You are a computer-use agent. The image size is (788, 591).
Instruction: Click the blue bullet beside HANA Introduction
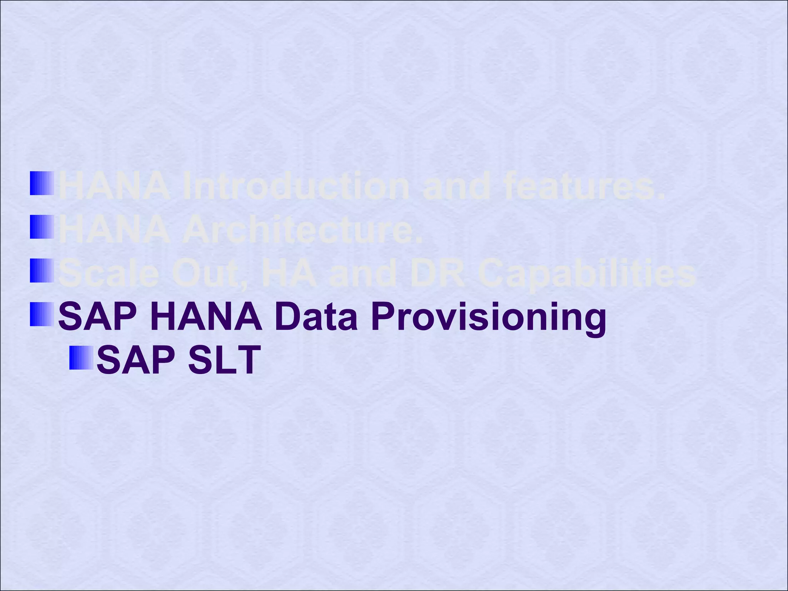[42, 183]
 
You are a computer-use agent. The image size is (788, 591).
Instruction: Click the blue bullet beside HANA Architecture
[42, 227]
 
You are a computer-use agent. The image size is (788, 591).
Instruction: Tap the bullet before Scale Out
[42, 270]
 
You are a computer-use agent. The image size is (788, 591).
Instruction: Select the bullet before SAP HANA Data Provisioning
[42, 314]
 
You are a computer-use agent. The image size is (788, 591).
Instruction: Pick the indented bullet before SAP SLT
[81, 358]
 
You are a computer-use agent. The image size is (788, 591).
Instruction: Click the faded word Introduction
[295, 187]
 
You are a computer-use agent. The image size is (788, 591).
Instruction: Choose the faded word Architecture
[302, 230]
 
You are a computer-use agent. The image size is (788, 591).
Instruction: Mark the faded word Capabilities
[588, 274]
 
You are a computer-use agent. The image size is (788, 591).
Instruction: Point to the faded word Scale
[109, 274]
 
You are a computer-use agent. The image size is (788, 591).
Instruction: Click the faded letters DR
[437, 274]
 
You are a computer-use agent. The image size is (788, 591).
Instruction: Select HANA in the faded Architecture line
[114, 230]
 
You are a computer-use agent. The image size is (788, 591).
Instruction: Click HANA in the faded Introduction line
[114, 187]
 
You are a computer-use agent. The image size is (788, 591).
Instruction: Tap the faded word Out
[211, 274]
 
